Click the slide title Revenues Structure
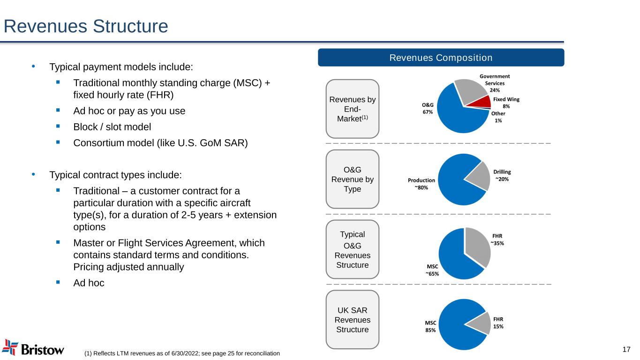(86, 26)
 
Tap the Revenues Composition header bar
(441, 58)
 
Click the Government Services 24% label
(494, 83)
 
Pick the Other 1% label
(498, 117)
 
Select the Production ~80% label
(421, 183)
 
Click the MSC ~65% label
(432, 270)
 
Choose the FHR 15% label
(497, 323)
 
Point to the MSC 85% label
(430, 326)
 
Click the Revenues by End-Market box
(352, 108)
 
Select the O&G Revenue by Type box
(352, 179)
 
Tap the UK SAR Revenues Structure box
(352, 319)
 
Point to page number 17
(626, 349)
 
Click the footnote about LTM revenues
(182, 353)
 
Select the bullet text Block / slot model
(112, 127)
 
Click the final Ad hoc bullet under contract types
(89, 283)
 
